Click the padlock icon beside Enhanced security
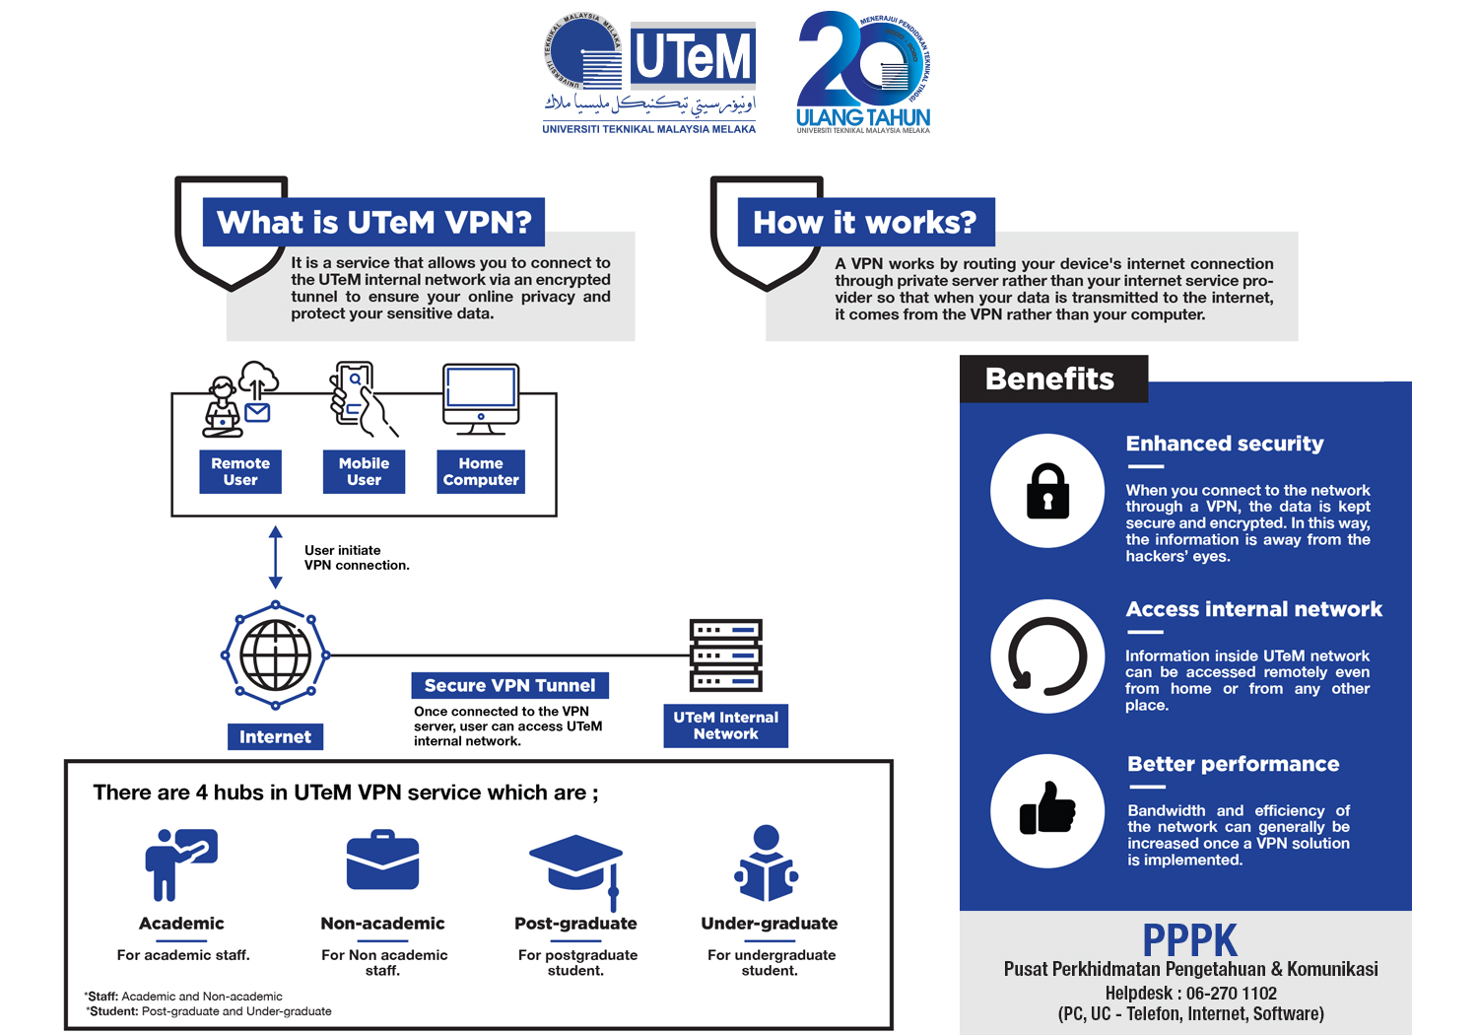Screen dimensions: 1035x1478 click(1047, 491)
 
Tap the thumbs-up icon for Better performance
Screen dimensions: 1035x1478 click(1047, 810)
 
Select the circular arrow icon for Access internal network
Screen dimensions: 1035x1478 click(1047, 656)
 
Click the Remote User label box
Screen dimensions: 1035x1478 click(240, 472)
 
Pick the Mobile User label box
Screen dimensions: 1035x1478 click(364, 472)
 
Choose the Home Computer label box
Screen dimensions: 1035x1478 click(481, 472)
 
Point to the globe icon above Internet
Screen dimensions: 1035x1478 click(276, 655)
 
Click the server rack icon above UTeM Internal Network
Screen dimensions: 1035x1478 click(726, 655)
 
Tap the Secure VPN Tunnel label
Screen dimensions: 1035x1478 click(509, 685)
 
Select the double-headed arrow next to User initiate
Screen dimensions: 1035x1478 click(276, 558)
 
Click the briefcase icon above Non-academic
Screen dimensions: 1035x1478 click(382, 862)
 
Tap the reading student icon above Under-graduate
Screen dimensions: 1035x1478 click(767, 864)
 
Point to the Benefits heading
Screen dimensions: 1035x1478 click(1050, 379)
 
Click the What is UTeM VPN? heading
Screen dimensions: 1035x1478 click(374, 223)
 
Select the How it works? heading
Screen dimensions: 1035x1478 click(865, 223)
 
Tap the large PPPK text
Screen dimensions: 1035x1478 click(1189, 940)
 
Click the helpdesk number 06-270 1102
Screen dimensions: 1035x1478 click(1232, 994)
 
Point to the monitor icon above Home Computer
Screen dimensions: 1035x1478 click(481, 397)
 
